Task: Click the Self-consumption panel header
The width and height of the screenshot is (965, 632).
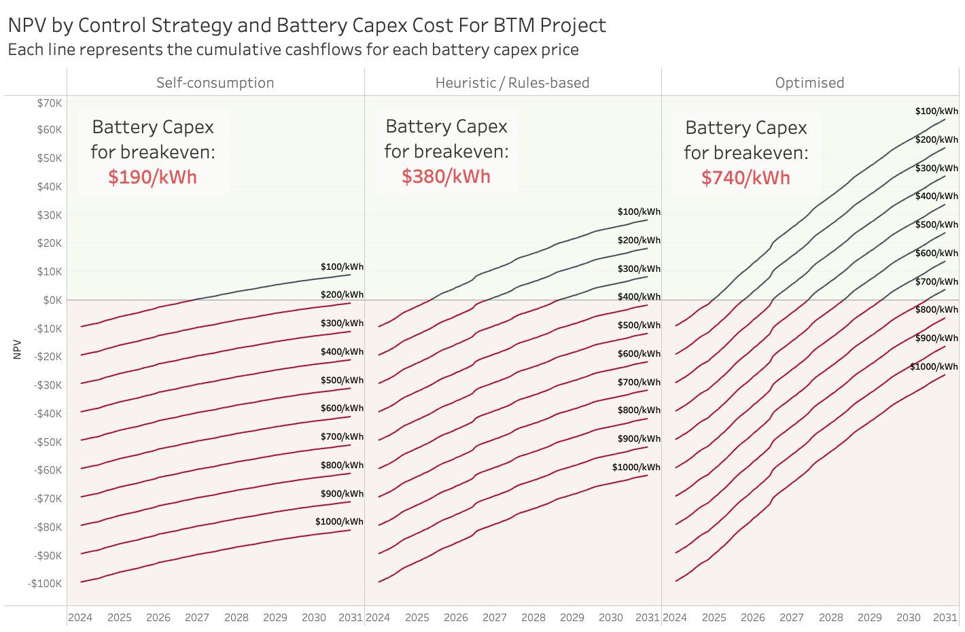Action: pyautogui.click(x=215, y=83)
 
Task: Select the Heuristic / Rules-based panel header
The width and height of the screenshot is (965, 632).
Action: pyautogui.click(x=512, y=83)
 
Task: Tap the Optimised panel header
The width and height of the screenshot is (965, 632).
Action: pyautogui.click(x=809, y=83)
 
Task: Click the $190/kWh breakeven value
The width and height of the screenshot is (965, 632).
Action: pyautogui.click(x=152, y=177)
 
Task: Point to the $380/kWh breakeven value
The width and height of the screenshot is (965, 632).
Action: pyautogui.click(x=446, y=177)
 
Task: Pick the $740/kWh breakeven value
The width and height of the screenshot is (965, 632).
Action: pyautogui.click(x=745, y=178)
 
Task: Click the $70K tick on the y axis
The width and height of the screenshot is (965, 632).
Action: pyautogui.click(x=50, y=103)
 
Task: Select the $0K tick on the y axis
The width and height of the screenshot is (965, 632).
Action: pyautogui.click(x=52, y=300)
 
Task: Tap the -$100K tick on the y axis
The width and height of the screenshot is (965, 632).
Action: pyautogui.click(x=45, y=584)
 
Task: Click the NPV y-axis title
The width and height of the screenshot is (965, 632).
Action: pyautogui.click(x=18, y=349)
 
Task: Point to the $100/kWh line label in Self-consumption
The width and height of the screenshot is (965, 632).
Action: pyautogui.click(x=342, y=267)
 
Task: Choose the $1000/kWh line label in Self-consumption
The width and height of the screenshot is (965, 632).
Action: pyautogui.click(x=339, y=522)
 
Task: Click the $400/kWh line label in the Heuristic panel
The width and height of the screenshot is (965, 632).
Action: pyautogui.click(x=639, y=297)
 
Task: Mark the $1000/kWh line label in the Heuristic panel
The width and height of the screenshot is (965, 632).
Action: pyautogui.click(x=636, y=468)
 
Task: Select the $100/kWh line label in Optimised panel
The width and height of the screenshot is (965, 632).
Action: pyautogui.click(x=936, y=111)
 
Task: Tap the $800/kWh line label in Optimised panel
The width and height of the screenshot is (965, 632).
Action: pyautogui.click(x=936, y=310)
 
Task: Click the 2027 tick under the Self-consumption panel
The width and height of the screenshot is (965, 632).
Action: pyautogui.click(x=197, y=618)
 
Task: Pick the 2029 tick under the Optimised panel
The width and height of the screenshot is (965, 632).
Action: pyautogui.click(x=870, y=618)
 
